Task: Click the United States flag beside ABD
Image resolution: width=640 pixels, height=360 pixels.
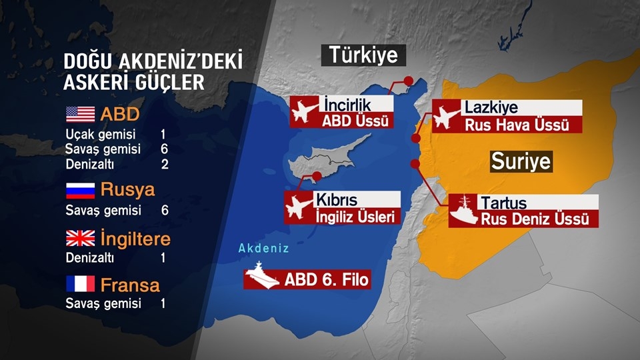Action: click(80, 114)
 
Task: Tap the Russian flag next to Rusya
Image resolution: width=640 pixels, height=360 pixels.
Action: click(80, 190)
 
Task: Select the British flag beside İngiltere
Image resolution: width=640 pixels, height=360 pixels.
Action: click(80, 238)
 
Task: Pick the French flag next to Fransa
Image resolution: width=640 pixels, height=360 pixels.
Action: click(80, 285)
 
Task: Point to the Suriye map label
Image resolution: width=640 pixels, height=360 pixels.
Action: click(521, 161)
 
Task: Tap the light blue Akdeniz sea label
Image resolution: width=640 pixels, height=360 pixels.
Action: click(264, 249)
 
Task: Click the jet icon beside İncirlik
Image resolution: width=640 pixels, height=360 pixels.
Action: click(305, 111)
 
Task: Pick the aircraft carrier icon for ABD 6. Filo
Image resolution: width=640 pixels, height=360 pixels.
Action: click(261, 275)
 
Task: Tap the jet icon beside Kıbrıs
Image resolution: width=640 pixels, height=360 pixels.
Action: click(299, 207)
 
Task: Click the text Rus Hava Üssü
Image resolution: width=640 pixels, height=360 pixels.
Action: click(517, 125)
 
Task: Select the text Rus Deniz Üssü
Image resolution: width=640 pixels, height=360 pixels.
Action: click(535, 219)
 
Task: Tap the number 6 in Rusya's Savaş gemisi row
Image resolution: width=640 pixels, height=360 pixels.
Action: click(164, 210)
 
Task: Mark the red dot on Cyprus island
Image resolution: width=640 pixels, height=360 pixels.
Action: click(317, 176)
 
